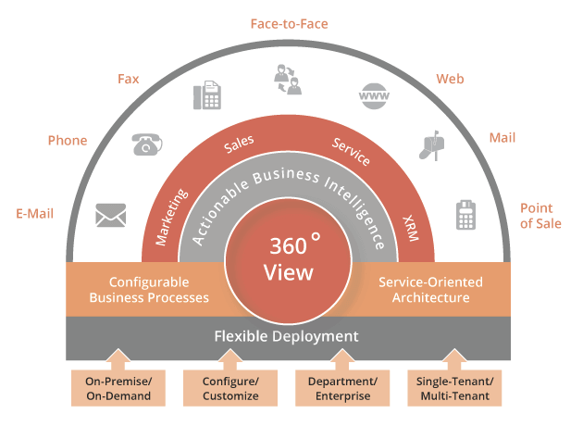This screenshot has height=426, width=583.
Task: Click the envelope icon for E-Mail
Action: (x=110, y=216)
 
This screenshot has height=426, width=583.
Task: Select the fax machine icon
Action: (x=206, y=96)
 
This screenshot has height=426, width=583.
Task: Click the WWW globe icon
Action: (x=373, y=96)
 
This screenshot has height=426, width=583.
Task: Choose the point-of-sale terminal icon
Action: (x=465, y=215)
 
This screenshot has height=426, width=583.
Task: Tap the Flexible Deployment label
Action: (x=286, y=336)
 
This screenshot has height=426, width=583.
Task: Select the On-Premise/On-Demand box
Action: (x=118, y=389)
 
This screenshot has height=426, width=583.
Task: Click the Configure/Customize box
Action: (x=229, y=389)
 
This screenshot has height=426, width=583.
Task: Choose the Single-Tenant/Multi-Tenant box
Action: (x=453, y=389)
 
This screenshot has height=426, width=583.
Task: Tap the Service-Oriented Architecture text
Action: (x=425, y=290)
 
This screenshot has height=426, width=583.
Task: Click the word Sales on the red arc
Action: (x=239, y=146)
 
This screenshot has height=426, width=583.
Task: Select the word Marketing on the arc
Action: (x=172, y=217)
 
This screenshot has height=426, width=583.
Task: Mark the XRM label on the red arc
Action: (x=410, y=228)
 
